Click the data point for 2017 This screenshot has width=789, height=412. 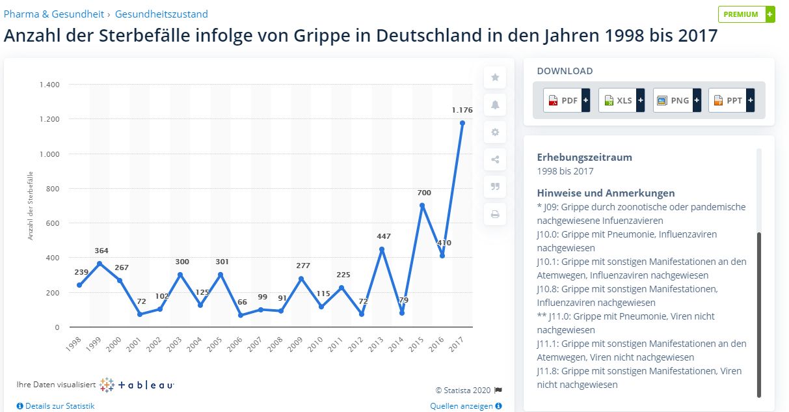pyautogui.click(x=462, y=123)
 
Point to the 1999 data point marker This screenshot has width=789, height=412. pyautogui.click(x=100, y=264)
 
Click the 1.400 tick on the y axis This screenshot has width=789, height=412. pyautogui.click(x=49, y=85)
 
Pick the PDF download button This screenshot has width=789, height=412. pyautogui.click(x=566, y=100)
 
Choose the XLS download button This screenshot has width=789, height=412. pyautogui.click(x=621, y=100)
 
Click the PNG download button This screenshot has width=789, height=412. pyautogui.click(x=676, y=100)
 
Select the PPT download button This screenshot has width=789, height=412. pyautogui.click(x=731, y=100)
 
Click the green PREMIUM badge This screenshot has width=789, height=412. pyautogui.click(x=746, y=14)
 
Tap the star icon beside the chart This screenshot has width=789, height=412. pyautogui.click(x=495, y=77)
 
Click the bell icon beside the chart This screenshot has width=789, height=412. pyautogui.click(x=495, y=105)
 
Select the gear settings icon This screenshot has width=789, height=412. pyautogui.click(x=495, y=132)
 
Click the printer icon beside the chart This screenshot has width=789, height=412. pyautogui.click(x=495, y=213)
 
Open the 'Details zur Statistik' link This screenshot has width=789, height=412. pyautogui.click(x=56, y=406)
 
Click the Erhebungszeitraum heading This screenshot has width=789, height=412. pyautogui.click(x=584, y=157)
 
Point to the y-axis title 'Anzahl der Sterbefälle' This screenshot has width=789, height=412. pyautogui.click(x=31, y=206)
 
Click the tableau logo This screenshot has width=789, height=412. pyautogui.click(x=137, y=385)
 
